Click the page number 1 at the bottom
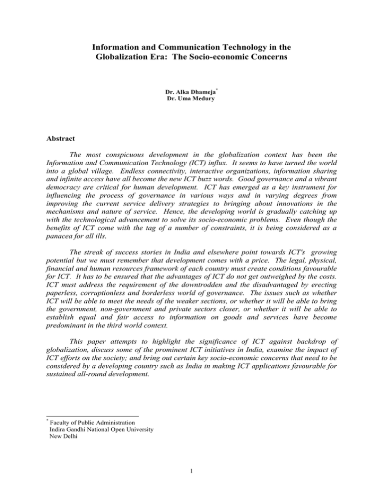191,477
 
